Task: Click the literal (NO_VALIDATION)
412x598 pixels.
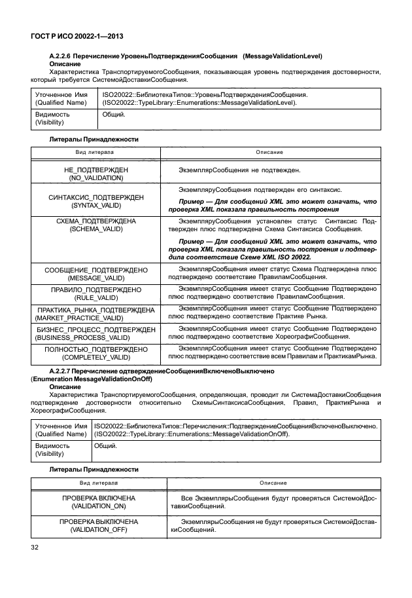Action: pos(96,177)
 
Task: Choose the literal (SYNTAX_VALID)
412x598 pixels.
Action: pos(96,205)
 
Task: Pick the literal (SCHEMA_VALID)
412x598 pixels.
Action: pos(96,230)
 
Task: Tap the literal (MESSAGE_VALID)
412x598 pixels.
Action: pos(96,278)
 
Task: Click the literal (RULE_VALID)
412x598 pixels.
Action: pos(96,297)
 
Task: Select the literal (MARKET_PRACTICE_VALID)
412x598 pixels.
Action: pos(96,318)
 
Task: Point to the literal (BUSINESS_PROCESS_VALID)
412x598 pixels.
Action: pos(96,337)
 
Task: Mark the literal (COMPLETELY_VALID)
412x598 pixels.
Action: pos(96,358)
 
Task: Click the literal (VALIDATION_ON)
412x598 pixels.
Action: pos(96,506)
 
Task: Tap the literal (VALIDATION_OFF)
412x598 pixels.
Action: pos(96,529)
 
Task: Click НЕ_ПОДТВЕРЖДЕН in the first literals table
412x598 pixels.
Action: pos(96,169)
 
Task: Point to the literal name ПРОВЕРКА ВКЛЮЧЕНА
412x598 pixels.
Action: pos(96,498)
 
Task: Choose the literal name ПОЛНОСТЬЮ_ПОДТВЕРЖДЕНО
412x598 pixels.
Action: pos(96,349)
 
